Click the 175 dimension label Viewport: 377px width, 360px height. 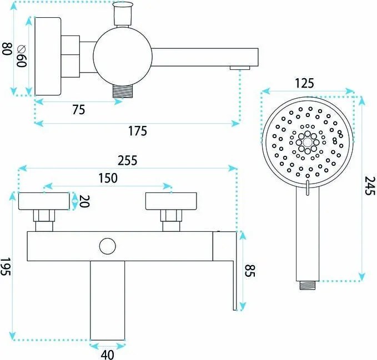(137, 131)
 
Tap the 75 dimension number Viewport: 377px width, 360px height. (79, 110)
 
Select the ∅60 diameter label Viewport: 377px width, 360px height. (22, 56)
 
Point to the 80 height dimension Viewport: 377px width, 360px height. (7, 49)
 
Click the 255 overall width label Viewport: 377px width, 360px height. (128, 160)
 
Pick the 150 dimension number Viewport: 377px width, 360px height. (108, 178)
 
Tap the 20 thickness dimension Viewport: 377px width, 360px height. (84, 201)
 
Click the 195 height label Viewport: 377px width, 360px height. (6, 267)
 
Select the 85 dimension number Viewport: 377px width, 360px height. (249, 271)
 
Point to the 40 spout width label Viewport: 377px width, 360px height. (108, 354)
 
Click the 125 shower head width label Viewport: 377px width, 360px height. (304, 84)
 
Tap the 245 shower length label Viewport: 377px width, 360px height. (370, 186)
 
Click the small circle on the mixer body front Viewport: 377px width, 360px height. (108, 246)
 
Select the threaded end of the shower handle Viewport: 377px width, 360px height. (308, 285)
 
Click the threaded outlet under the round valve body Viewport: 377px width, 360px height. (123, 91)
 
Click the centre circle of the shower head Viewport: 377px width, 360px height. (308, 143)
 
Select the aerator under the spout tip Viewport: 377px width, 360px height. (240, 68)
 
